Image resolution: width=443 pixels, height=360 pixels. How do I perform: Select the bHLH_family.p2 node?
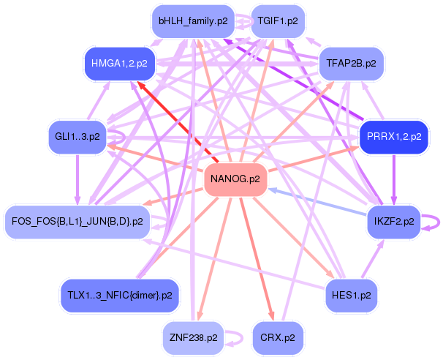click(193, 21)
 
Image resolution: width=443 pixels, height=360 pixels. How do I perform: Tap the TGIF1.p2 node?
click(277, 21)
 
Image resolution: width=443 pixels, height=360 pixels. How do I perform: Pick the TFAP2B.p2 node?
click(351, 64)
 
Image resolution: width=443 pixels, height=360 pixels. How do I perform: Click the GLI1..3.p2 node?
click(77, 136)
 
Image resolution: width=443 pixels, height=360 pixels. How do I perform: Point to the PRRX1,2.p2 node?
click(393, 137)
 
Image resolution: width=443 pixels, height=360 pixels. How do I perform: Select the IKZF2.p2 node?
click(394, 220)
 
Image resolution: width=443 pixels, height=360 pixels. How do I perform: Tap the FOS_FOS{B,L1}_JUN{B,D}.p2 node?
click(77, 220)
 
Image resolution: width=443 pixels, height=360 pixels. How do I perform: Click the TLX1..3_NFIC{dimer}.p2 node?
click(119, 296)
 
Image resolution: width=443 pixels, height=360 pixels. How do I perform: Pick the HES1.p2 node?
click(351, 296)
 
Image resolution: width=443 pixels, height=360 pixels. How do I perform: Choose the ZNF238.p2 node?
click(192, 337)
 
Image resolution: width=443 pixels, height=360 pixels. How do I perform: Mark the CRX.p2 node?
click(278, 337)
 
